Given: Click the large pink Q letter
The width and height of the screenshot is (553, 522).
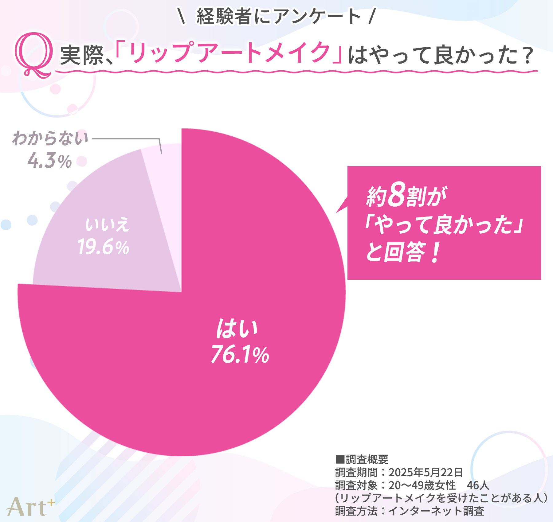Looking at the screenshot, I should [34, 55].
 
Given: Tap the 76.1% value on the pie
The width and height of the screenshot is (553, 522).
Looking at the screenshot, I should [240, 354].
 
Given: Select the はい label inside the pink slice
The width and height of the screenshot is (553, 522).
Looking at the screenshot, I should [237, 329].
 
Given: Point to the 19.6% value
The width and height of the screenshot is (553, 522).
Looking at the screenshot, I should [103, 247].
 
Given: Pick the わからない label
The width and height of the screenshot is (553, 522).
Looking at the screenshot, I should [50, 138].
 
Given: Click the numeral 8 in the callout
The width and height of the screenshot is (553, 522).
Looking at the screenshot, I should [396, 194].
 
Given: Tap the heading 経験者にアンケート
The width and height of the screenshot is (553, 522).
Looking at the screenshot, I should [278, 16].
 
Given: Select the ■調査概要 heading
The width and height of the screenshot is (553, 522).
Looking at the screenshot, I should [362, 459].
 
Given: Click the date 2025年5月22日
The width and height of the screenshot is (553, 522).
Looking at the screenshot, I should [426, 472].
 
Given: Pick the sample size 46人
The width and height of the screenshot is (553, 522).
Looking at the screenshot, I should [478, 485].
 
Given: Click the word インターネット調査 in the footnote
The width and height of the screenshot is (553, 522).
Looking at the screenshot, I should [436, 511].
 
